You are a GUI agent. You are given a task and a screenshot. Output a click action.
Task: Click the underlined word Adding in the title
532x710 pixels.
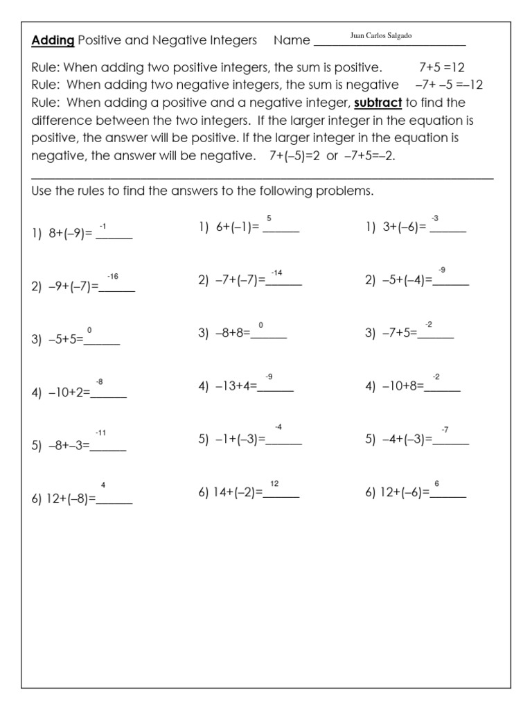point(53,40)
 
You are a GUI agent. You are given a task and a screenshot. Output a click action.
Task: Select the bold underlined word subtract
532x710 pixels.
point(378,103)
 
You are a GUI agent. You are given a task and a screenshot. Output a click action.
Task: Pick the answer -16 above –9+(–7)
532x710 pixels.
point(113,277)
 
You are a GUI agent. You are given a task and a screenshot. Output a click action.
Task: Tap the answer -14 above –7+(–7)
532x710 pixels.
point(276,272)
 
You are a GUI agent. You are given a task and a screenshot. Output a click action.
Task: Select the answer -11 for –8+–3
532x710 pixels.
point(100,433)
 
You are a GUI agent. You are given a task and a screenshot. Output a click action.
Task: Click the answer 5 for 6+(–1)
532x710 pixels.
point(269,218)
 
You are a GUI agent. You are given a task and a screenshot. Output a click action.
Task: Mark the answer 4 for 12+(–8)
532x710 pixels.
point(103,485)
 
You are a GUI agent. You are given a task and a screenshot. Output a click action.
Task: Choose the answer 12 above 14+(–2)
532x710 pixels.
point(274,483)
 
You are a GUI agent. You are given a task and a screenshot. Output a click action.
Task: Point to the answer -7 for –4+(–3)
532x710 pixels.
point(445,430)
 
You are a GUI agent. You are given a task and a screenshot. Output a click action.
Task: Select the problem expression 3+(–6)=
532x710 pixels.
point(403,227)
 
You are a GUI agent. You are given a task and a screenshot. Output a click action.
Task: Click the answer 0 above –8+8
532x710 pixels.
point(260,325)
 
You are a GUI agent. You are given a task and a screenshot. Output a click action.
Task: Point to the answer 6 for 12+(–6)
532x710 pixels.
point(436,483)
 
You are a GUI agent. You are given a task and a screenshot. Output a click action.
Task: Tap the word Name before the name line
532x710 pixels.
point(292,40)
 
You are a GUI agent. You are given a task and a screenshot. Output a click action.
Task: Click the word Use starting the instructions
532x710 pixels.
point(42,191)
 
